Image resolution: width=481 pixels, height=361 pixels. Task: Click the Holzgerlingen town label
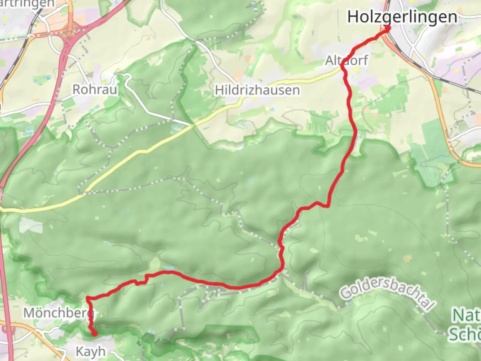tap(402, 17)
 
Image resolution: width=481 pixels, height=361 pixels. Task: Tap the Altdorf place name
tap(346, 61)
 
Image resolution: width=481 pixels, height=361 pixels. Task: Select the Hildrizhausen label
tap(257, 90)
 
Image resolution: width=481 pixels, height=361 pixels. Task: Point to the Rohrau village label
tap(95, 89)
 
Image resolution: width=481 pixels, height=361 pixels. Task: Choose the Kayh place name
tap(91, 351)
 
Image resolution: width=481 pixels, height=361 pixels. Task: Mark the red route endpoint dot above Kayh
tap(95, 333)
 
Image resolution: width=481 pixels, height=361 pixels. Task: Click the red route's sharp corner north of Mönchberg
tap(88, 297)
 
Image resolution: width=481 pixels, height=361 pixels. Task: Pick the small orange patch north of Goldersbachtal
tap(407, 258)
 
